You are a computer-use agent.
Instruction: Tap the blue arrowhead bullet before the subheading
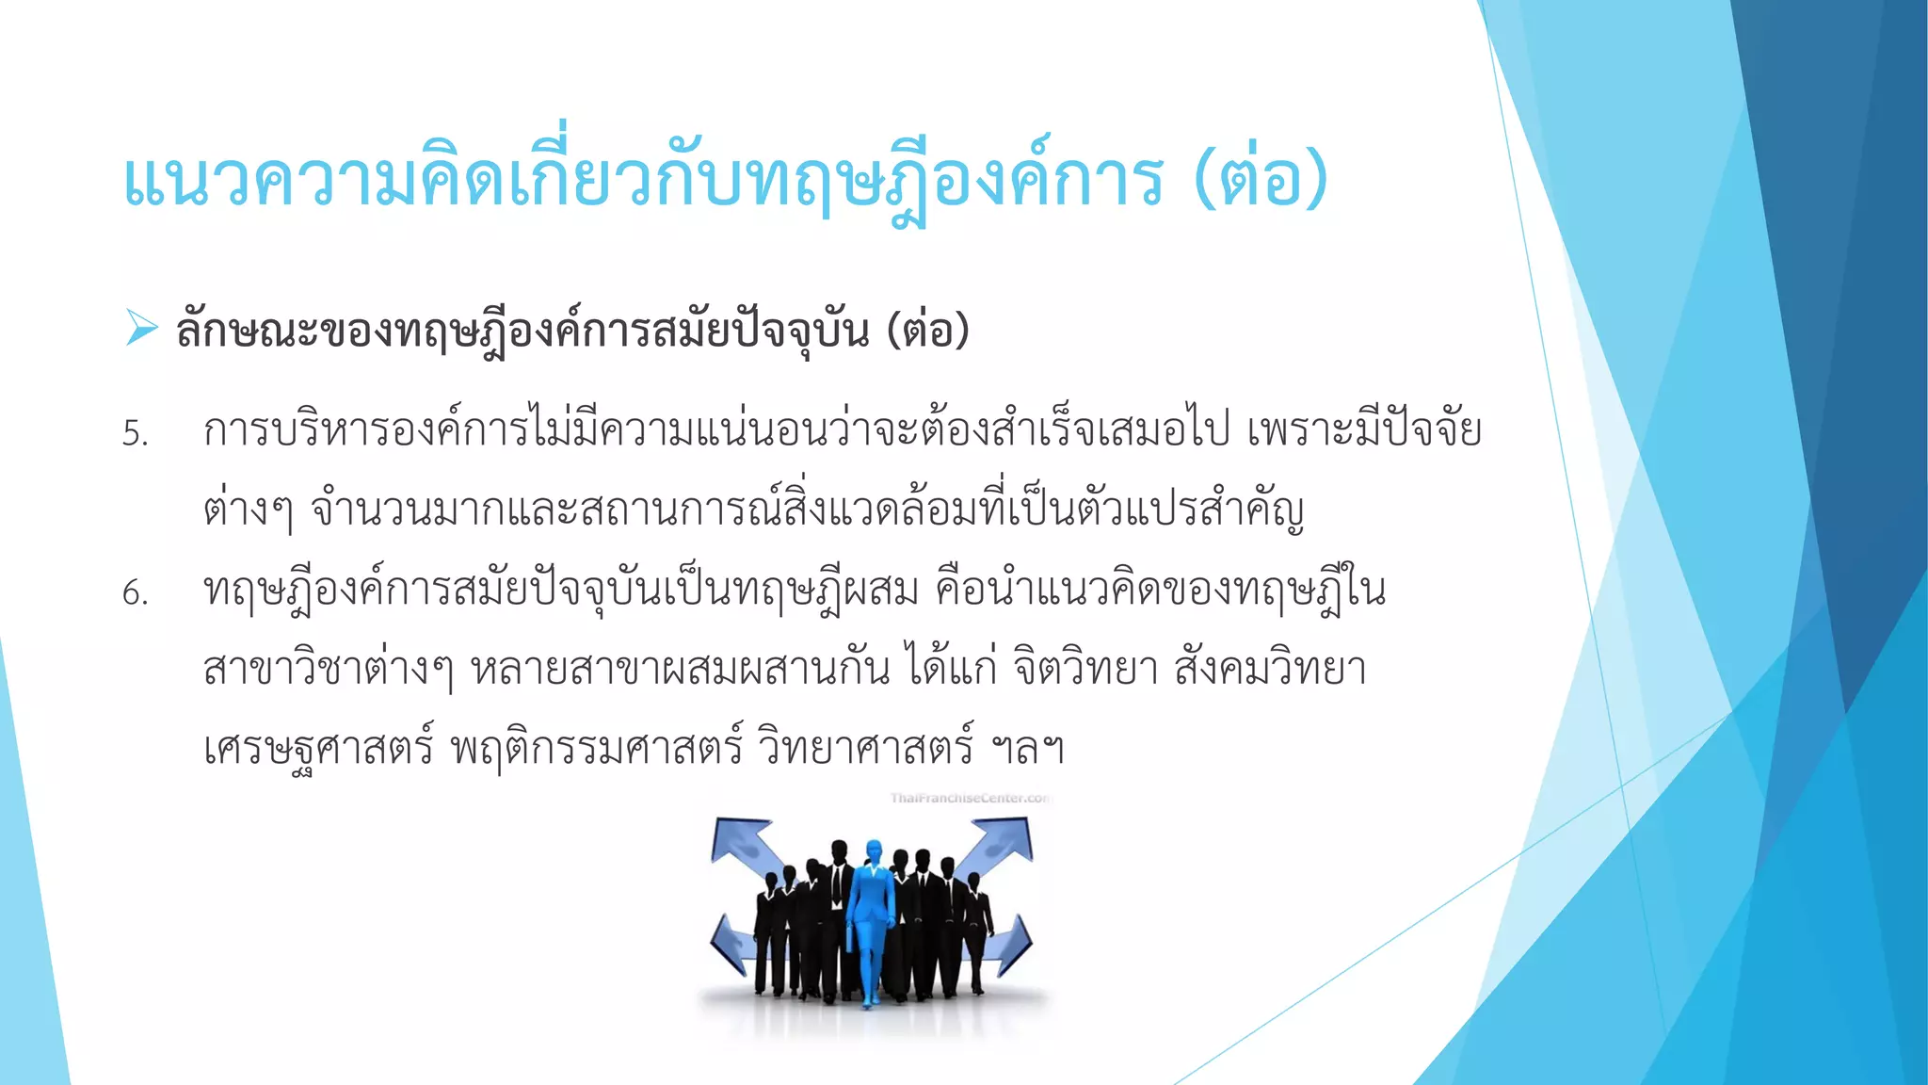141,328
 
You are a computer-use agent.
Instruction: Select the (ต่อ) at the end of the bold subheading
927,330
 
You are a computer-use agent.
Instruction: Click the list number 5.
136,434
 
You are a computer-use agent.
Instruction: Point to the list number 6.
136,593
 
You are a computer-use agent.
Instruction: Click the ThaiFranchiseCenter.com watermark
970,799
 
